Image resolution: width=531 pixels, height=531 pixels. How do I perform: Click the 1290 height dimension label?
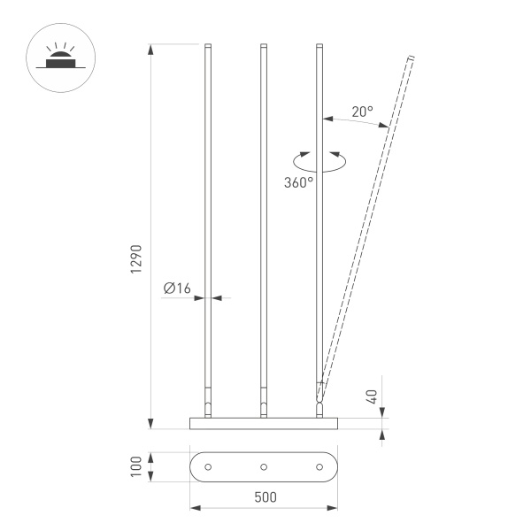[136, 258]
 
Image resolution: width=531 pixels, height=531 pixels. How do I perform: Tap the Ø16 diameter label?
[177, 289]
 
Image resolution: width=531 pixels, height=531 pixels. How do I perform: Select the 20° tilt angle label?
[362, 112]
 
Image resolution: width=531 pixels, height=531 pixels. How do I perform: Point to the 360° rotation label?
[298, 182]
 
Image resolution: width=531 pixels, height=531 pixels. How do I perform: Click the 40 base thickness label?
[372, 396]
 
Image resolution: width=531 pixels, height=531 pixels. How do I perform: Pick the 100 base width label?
[136, 466]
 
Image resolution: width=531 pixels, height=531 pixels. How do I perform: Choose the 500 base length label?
[265, 497]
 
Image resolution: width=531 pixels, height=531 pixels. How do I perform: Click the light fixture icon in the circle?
[60, 58]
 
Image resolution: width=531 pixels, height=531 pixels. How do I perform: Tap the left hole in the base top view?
[208, 467]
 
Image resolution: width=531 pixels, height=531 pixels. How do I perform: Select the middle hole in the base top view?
[264, 467]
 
